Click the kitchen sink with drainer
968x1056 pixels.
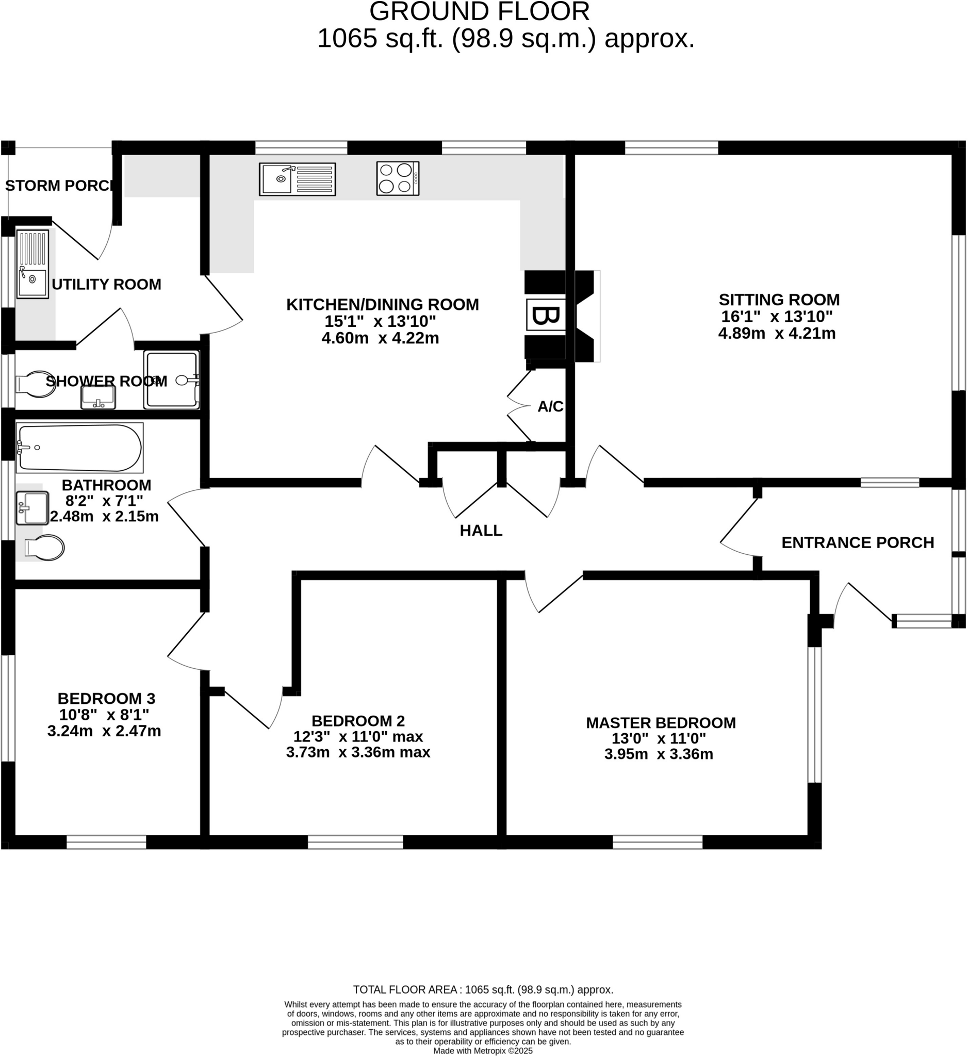click(297, 179)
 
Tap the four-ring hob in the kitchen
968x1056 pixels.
click(398, 178)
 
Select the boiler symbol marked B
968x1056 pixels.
click(545, 316)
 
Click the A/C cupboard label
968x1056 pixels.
click(550, 406)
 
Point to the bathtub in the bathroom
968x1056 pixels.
click(79, 448)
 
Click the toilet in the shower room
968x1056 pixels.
click(35, 384)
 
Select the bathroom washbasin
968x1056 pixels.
click(32, 507)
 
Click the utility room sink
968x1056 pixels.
click(32, 264)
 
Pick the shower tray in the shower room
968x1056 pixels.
click(172, 380)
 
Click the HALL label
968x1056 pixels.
click(481, 531)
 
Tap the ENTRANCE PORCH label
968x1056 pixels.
click(858, 542)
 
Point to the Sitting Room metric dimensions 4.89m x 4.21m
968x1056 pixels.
click(776, 333)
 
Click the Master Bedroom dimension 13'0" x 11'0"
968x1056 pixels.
click(659, 738)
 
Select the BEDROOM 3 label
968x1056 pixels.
click(106, 698)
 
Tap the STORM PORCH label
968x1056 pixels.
click(59, 186)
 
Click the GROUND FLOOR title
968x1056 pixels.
click(479, 11)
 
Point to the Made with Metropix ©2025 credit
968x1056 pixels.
click(482, 1051)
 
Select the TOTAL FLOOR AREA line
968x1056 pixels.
click(482, 989)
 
